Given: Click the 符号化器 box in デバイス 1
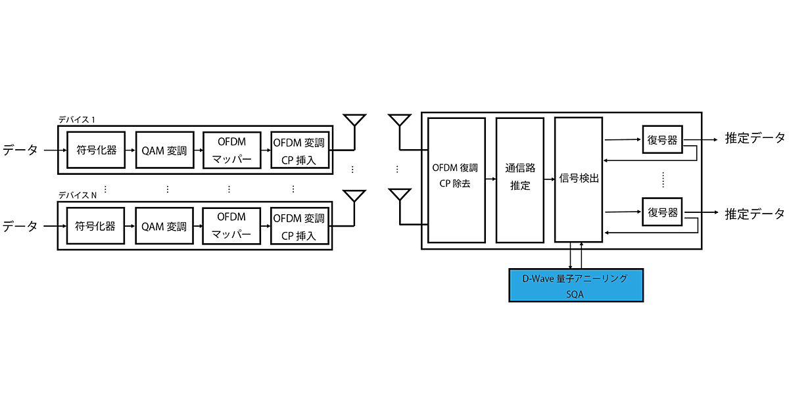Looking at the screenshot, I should tap(95, 150).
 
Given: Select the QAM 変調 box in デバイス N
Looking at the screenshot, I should tap(164, 227).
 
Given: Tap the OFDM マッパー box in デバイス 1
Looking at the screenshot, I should tap(231, 150).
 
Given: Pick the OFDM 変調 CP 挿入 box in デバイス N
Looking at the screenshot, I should tap(299, 227).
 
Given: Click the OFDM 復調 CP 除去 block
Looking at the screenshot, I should tap(456, 179).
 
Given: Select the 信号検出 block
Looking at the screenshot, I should tap(579, 179).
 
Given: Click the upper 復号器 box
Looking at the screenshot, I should tap(662, 139).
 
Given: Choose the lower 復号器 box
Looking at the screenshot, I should tap(662, 212).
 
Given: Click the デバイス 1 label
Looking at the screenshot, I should tap(76, 120).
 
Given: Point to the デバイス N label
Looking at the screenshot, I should tap(78, 196).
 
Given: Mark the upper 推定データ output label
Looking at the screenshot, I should tap(754, 139).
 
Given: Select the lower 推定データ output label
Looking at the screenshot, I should tap(754, 214).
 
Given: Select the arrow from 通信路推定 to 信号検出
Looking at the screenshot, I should tap(549, 179).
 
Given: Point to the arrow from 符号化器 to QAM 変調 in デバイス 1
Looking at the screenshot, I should tap(129, 150).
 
